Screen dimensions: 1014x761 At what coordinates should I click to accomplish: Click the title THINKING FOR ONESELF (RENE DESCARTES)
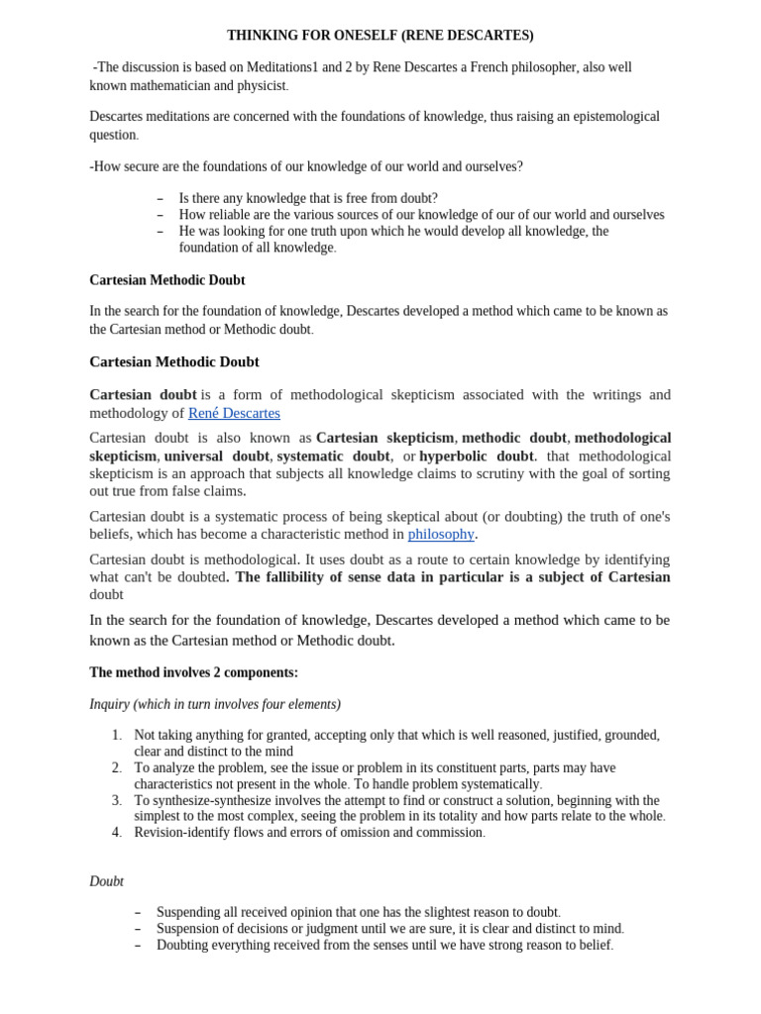click(380, 36)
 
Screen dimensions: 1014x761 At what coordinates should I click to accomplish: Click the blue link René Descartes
click(234, 413)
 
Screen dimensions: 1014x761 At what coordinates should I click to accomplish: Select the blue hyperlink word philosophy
click(441, 534)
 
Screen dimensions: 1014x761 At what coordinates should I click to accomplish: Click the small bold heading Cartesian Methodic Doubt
click(166, 280)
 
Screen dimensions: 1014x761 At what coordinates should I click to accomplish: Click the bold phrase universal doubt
click(216, 456)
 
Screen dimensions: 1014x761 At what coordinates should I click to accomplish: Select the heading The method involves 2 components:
click(193, 672)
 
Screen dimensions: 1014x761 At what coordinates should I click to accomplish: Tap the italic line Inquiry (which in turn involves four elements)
click(214, 704)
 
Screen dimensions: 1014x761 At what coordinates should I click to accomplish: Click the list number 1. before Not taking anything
click(117, 735)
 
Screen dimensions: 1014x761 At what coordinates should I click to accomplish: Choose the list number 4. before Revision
click(117, 833)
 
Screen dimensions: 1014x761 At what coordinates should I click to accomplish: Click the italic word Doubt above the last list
click(106, 881)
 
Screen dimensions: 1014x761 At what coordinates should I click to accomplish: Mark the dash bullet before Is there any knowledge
click(161, 199)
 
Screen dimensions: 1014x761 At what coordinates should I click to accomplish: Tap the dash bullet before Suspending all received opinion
click(138, 912)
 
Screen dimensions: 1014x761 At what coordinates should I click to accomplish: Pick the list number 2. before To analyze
click(117, 767)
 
